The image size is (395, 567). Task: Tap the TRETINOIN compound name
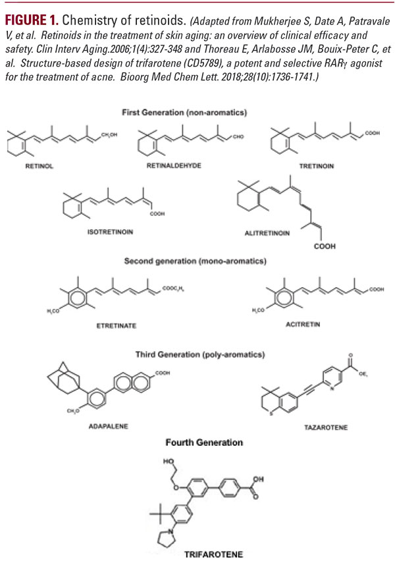(317, 167)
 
